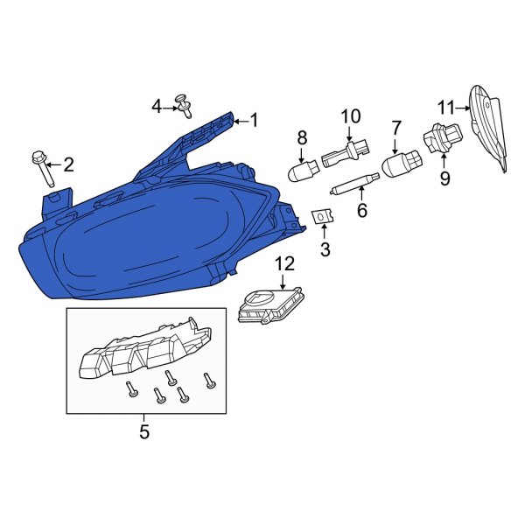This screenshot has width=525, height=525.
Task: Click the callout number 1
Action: click(x=255, y=121)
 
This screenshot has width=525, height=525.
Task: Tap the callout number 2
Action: click(x=68, y=164)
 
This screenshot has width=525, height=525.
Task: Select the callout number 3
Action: click(x=325, y=250)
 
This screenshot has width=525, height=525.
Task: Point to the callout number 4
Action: click(x=157, y=107)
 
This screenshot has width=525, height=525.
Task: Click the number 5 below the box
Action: click(x=144, y=431)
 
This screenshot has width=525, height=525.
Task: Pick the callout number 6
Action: click(x=360, y=210)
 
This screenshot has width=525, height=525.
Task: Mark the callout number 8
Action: click(x=302, y=137)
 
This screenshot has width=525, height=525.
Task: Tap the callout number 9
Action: click(x=444, y=178)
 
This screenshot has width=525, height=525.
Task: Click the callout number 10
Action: click(x=350, y=115)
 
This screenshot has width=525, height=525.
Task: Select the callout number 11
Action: click(x=446, y=108)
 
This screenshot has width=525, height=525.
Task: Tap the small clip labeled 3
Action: click(x=323, y=215)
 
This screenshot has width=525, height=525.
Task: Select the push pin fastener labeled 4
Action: click(x=184, y=105)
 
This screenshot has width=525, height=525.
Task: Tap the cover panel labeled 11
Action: click(x=488, y=127)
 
